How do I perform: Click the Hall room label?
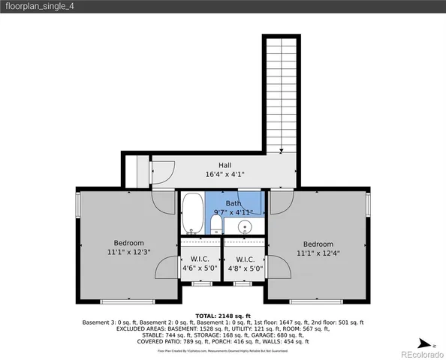225,165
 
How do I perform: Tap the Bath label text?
234,203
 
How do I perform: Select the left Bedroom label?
128,243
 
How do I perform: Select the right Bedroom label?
318,244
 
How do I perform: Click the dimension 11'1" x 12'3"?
128,253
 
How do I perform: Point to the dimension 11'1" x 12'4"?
318,253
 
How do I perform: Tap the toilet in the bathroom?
216,224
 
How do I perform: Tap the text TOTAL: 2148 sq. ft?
222,316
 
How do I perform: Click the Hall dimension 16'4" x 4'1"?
225,174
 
